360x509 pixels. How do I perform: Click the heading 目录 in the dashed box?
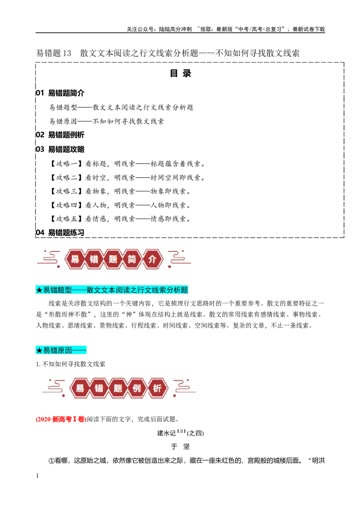(x=180, y=73)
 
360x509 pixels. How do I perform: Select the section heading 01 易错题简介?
(x=60, y=93)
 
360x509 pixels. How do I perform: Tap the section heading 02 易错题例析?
(x=60, y=135)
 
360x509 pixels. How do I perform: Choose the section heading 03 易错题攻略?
(x=60, y=149)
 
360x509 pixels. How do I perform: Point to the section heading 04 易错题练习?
(x=60, y=232)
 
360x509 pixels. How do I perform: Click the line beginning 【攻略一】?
(x=127, y=164)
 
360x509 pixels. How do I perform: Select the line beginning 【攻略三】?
(x=120, y=191)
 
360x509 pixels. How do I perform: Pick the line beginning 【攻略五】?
(x=120, y=219)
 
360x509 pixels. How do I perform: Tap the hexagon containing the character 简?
(x=132, y=259)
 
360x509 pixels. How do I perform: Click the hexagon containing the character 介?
(x=152, y=259)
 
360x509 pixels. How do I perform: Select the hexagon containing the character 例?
(x=137, y=388)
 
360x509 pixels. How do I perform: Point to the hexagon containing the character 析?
(x=157, y=388)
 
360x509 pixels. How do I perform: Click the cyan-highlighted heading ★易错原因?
(x=61, y=350)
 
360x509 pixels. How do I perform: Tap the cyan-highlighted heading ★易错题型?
(x=112, y=290)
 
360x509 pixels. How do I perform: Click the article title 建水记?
(x=166, y=433)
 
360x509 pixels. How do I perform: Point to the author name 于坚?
(x=180, y=446)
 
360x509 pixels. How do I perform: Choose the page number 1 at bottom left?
(x=37, y=476)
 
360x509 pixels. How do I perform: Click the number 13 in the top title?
(x=67, y=53)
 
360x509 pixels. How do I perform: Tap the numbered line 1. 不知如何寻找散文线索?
(x=71, y=364)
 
